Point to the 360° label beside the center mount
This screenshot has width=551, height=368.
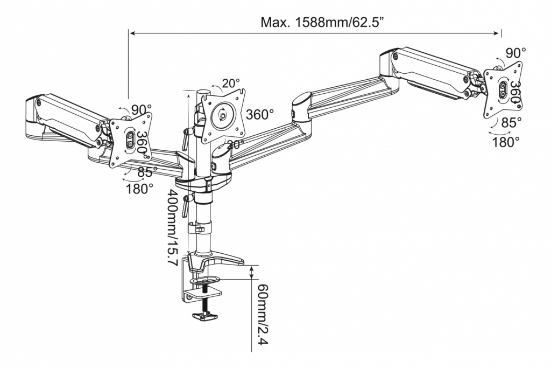coord(260,115)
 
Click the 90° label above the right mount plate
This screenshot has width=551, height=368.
coord(515,53)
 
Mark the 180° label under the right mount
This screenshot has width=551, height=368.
coord(506,142)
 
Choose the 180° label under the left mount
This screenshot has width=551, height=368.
coord(139,189)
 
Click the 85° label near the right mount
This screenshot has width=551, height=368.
coord(511,123)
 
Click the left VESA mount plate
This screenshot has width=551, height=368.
coord(130,140)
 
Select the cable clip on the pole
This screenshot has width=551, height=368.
coord(197,228)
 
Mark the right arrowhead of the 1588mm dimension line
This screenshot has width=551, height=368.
coord(499,33)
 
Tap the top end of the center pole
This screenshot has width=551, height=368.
coord(204,92)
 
